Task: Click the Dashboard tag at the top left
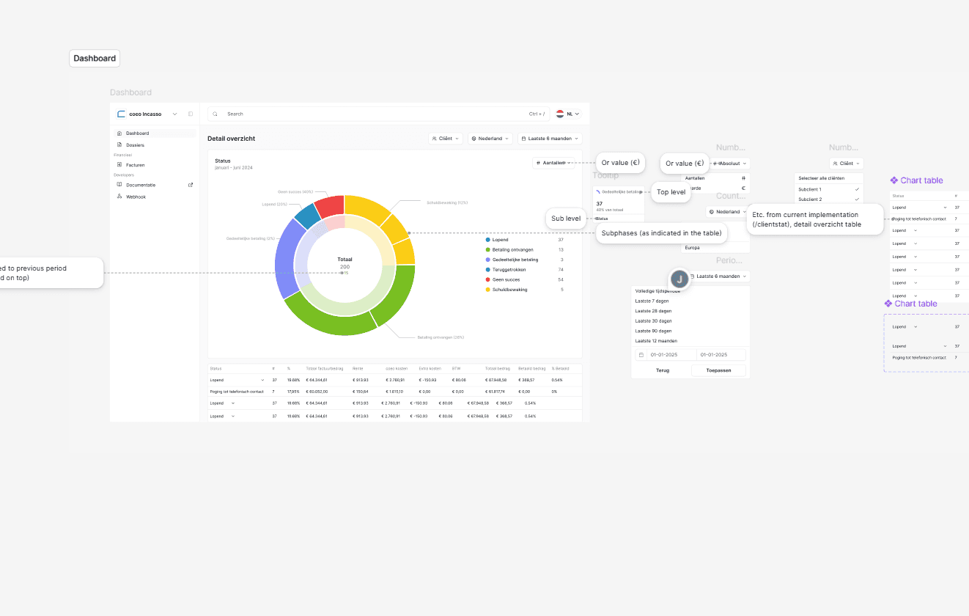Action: point(95,59)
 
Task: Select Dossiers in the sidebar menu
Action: point(135,145)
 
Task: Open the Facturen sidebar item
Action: point(136,165)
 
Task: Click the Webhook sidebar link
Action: point(136,197)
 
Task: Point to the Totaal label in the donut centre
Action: point(345,260)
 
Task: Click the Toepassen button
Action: point(718,370)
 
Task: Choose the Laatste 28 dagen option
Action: point(653,311)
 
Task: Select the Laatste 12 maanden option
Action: point(656,341)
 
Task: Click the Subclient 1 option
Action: point(810,189)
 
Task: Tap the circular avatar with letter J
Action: point(680,279)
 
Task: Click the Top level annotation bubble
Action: point(671,192)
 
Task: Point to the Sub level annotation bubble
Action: point(566,219)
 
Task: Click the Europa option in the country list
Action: point(693,248)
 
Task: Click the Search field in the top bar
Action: point(366,114)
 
